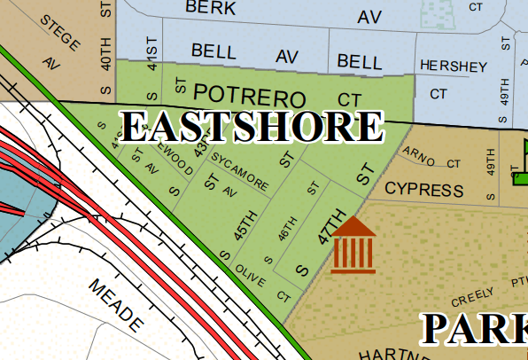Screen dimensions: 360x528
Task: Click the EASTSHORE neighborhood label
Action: coord(252,127)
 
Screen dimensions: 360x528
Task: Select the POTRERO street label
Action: coord(249,95)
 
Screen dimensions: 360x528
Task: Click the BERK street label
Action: coord(211,8)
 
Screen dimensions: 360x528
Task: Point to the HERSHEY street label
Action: coord(454,67)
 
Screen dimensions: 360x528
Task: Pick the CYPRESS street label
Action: coord(424,190)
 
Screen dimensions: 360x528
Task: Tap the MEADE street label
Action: coord(115,303)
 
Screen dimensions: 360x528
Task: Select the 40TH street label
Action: coord(106,53)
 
